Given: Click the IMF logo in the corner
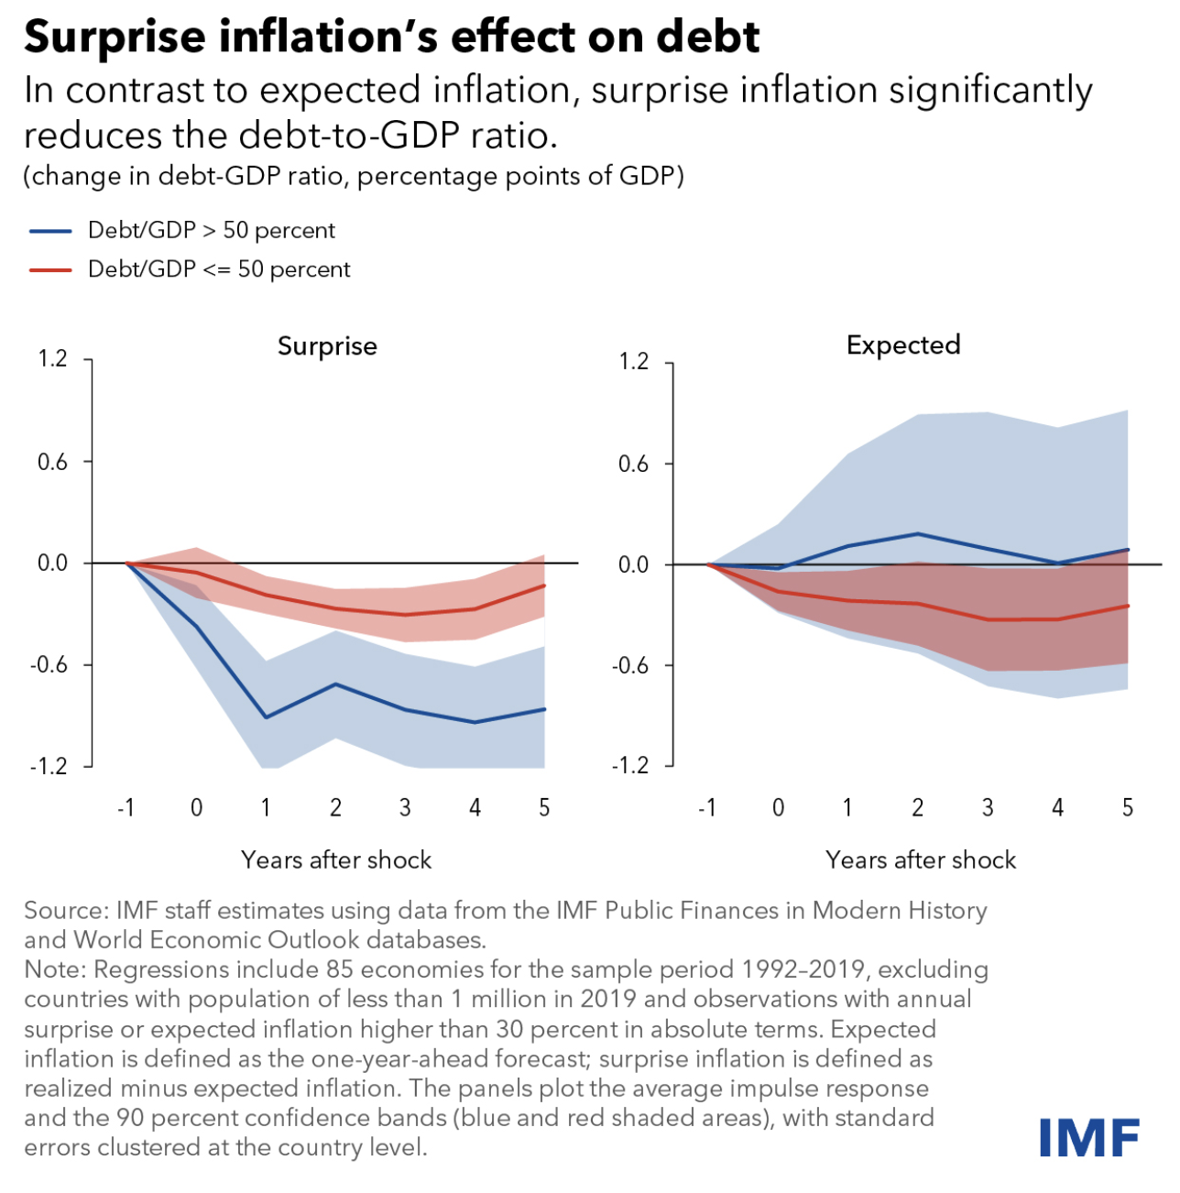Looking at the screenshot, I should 1088,1137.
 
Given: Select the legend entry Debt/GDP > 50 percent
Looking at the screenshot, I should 211,230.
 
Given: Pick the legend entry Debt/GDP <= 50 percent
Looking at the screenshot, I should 218,269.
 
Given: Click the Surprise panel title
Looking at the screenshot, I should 327,346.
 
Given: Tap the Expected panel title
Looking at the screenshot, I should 902,345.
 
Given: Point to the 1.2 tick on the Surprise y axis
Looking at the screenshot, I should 52,358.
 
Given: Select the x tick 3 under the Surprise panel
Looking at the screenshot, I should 405,807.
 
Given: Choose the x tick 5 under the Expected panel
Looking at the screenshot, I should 1127,807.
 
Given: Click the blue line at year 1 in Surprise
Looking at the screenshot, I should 266,717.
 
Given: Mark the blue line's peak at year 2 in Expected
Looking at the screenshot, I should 918,533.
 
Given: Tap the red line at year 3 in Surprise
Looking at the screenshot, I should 405,614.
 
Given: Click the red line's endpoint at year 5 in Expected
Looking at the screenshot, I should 1127,606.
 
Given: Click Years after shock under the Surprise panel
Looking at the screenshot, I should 335,859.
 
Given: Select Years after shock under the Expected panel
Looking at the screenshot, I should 920,859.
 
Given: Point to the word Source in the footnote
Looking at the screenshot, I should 65,911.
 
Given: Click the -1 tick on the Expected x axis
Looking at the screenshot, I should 706,807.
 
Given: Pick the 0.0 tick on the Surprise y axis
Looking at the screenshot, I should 52,563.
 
